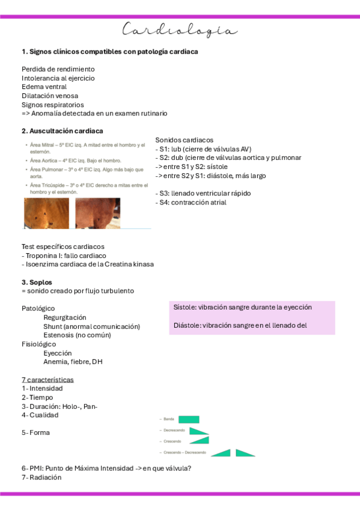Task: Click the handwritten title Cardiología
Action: point(180,30)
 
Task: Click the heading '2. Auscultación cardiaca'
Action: point(62,131)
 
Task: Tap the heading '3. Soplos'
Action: point(37,281)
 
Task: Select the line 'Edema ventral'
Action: point(44,87)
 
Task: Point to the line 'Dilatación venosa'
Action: point(50,96)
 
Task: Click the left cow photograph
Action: point(47,214)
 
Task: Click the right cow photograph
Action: point(97,214)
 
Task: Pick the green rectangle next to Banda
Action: point(189,419)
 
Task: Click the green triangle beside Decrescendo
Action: point(198,431)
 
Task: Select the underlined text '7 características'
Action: point(47,379)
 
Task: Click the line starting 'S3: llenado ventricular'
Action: point(203,194)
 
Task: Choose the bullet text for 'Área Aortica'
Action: point(76,161)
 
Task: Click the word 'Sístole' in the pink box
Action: point(184,307)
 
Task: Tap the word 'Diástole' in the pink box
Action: point(186,325)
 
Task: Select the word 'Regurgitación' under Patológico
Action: point(65,317)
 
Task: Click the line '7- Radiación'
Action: point(41,477)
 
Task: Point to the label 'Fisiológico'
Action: point(39,344)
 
